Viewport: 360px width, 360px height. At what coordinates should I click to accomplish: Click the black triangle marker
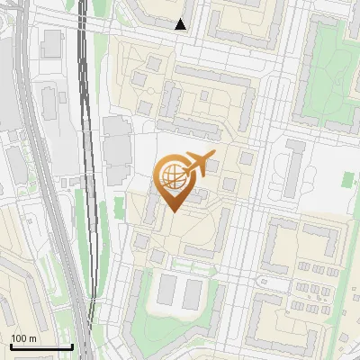point(181,24)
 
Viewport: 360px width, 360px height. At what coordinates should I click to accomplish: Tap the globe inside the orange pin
point(171,175)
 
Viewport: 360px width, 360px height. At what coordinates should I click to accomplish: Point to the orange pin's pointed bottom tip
point(172,211)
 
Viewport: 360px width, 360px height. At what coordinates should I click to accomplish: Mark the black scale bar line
point(40,346)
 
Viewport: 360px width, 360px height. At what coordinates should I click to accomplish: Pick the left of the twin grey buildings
point(167,290)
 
